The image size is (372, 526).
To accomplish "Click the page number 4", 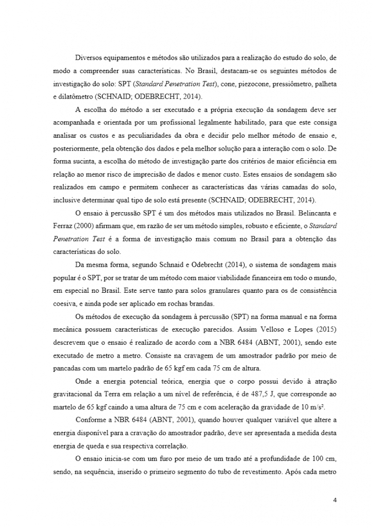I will pyautogui.click(x=334, y=500).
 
